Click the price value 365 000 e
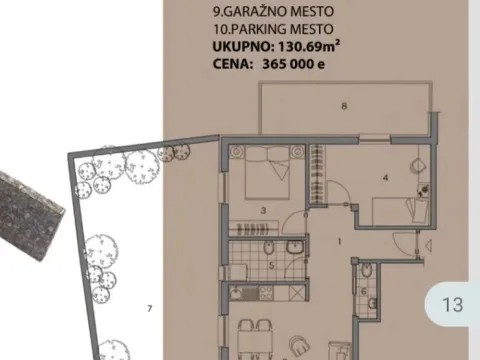tap(294, 64)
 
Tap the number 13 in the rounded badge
tap(452, 304)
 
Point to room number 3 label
tap(262, 210)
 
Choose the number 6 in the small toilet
tap(364, 292)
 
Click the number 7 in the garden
tap(149, 307)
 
